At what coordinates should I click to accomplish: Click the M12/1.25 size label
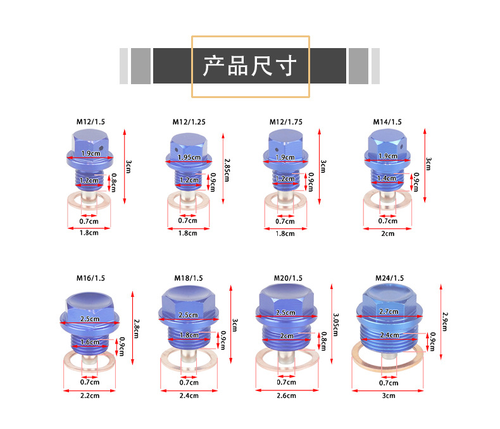pyautogui.click(x=189, y=122)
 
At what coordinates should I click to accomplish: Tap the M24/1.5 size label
pyautogui.click(x=389, y=278)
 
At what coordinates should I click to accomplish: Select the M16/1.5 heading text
pyautogui.click(x=91, y=278)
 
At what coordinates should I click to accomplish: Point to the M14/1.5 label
pyautogui.click(x=387, y=122)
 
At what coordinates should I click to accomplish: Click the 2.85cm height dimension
pyautogui.click(x=227, y=170)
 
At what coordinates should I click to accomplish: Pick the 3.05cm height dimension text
pyautogui.click(x=336, y=325)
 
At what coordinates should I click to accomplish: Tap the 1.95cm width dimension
pyautogui.click(x=189, y=158)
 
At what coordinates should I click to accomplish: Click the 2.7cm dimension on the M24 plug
pyautogui.click(x=389, y=311)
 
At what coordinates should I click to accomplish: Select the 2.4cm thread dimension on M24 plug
pyautogui.click(x=389, y=335)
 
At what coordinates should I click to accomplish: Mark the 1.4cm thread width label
pyautogui.click(x=387, y=178)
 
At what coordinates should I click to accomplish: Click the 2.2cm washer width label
pyautogui.click(x=90, y=395)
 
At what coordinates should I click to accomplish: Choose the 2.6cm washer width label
pyautogui.click(x=286, y=395)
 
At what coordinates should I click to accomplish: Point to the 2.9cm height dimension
pyautogui.click(x=445, y=321)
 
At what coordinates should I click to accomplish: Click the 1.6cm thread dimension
pyautogui.click(x=90, y=342)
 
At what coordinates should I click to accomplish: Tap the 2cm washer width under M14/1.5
pyautogui.click(x=388, y=233)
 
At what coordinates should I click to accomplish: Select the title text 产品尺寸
pyautogui.click(x=249, y=66)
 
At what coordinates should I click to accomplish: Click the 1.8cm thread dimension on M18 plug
pyautogui.click(x=189, y=335)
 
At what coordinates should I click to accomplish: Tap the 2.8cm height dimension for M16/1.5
pyautogui.click(x=136, y=328)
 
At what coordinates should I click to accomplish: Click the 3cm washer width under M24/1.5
pyautogui.click(x=389, y=395)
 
